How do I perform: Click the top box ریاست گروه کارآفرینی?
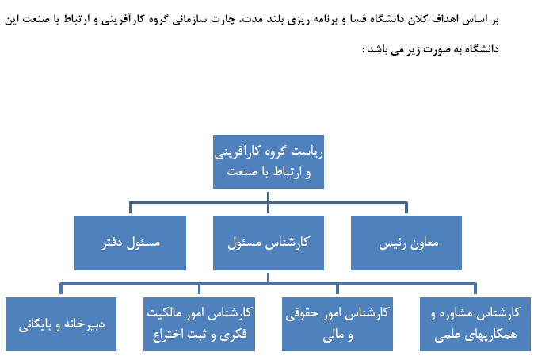269,162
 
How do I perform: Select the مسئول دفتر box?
130,243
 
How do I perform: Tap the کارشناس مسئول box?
269,243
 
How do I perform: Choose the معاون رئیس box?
406,243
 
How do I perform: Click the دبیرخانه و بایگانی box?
61,324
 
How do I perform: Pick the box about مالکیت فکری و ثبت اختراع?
199,324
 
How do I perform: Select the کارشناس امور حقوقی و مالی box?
338,324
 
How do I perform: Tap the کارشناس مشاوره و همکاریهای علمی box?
475,324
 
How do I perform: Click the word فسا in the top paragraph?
358,19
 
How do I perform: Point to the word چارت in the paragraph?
224,20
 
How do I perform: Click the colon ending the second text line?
364,50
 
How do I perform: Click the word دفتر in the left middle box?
113,243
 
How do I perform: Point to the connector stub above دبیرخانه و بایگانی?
61,289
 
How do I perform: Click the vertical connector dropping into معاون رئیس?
406,208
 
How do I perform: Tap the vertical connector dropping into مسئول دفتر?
130,208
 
